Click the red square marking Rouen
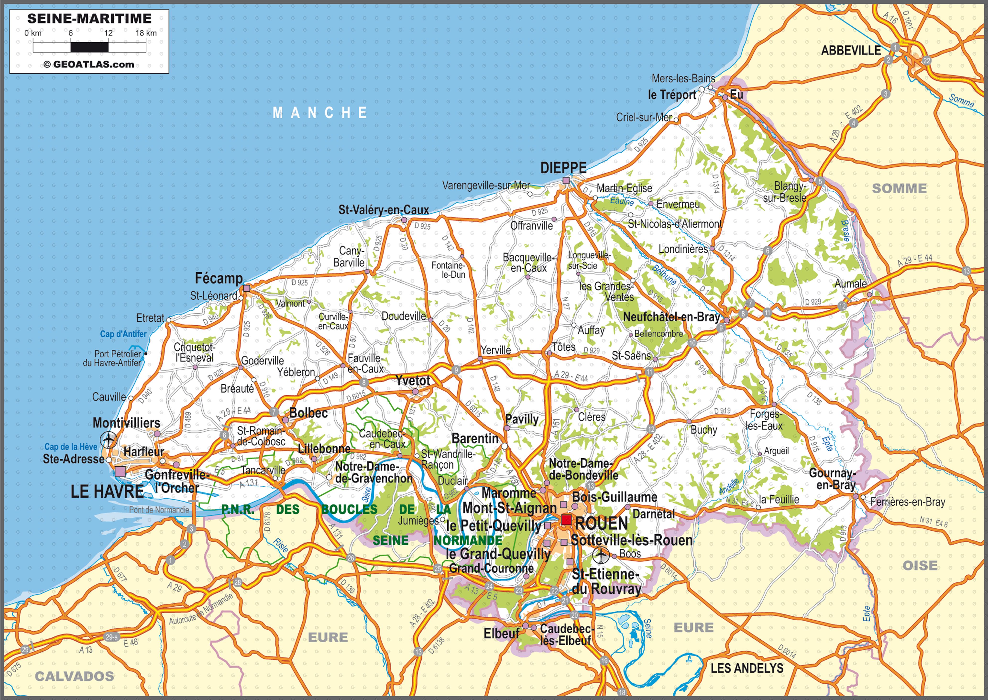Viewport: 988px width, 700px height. [566, 520]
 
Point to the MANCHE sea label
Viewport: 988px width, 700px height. [320, 113]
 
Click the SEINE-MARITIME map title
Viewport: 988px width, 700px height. [89, 19]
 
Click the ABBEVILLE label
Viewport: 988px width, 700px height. [851, 50]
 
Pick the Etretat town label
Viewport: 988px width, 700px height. [150, 318]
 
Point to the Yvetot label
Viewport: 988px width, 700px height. [412, 381]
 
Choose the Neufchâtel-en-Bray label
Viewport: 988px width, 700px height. [671, 317]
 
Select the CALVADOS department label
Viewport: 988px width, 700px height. [75, 676]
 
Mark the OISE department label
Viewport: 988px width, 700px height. [920, 565]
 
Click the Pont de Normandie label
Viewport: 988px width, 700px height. [159, 510]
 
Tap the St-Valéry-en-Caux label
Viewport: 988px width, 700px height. [383, 210]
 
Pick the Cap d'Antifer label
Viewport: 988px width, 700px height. [123, 334]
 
